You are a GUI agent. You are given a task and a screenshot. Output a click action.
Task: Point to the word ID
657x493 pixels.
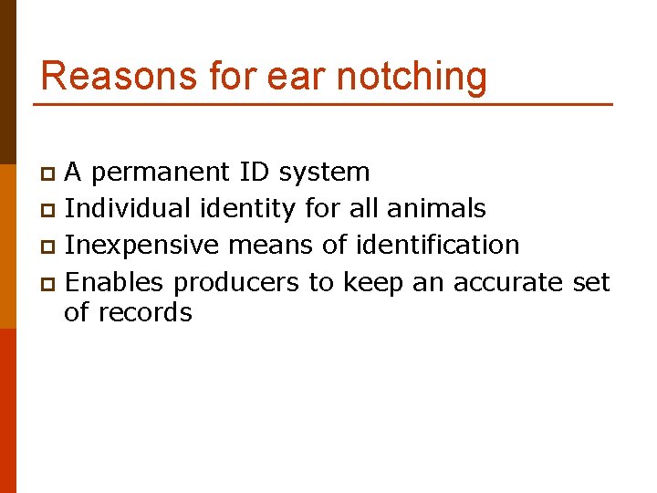(x=255, y=172)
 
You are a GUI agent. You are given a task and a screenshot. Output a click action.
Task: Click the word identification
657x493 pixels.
(x=437, y=246)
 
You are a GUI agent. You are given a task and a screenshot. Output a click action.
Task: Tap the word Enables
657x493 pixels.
(x=115, y=283)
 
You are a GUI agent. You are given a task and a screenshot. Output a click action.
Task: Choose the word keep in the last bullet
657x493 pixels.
(x=373, y=284)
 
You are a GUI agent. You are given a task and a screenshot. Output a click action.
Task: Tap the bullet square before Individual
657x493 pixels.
(x=50, y=210)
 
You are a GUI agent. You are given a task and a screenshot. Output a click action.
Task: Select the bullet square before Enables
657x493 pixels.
(x=50, y=284)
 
